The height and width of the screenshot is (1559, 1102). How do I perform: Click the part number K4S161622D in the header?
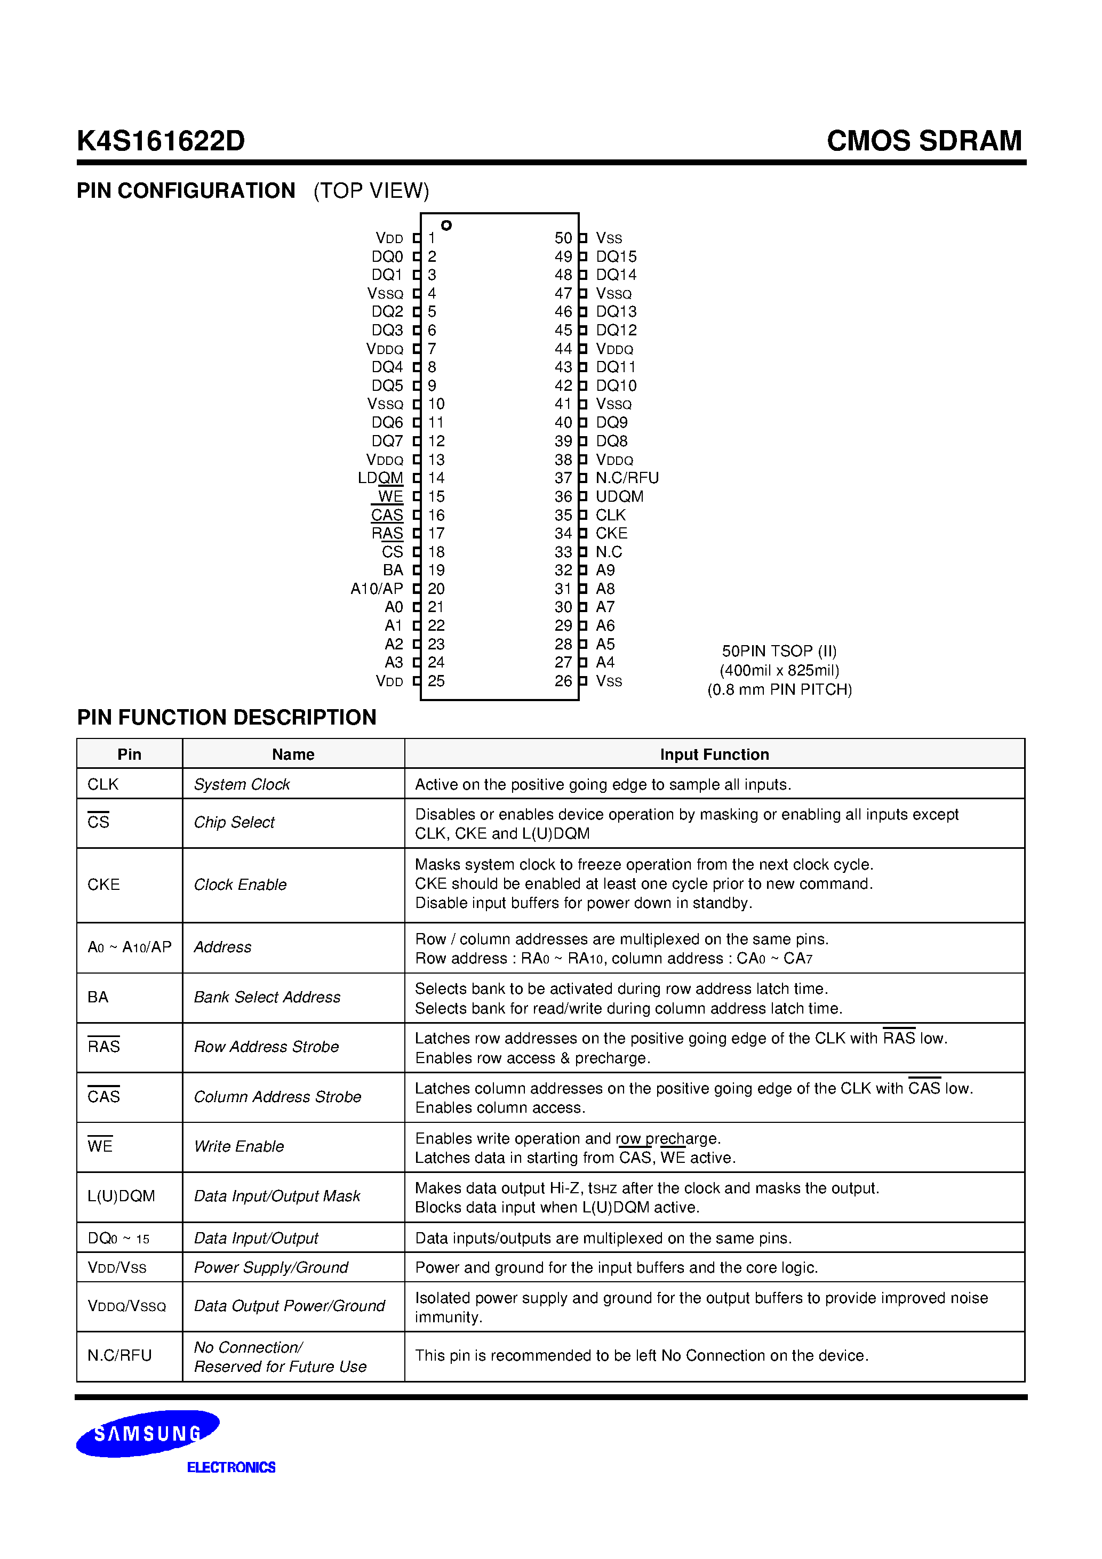[x=161, y=141]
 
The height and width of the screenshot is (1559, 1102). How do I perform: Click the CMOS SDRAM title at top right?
[x=923, y=141]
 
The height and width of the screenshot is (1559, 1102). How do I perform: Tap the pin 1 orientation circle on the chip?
[x=446, y=226]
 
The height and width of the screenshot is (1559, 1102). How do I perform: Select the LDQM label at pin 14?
[x=380, y=478]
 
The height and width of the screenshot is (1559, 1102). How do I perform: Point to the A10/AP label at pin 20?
[x=377, y=589]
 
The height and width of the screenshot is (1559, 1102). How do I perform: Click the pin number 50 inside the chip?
[x=563, y=238]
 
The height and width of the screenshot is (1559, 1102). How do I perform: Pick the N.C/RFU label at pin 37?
[x=626, y=478]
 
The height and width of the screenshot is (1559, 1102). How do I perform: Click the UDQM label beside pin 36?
[x=619, y=496]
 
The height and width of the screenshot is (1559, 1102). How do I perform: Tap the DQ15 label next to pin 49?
[x=616, y=256]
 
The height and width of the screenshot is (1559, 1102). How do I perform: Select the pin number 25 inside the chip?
[x=436, y=681]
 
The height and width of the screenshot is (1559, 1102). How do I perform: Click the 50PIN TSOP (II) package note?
[x=779, y=651]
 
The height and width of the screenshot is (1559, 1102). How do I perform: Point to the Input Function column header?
[x=714, y=754]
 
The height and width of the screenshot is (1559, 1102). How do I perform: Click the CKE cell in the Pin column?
[x=103, y=885]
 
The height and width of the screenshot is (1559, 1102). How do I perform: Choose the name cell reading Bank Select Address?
[x=267, y=998]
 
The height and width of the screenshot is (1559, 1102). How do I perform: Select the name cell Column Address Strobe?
[x=277, y=1097]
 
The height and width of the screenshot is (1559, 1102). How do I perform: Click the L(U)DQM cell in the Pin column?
[x=121, y=1196]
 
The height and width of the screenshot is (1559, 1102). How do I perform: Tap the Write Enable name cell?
[x=238, y=1147]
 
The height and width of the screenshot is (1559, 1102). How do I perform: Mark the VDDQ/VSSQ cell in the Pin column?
[x=126, y=1306]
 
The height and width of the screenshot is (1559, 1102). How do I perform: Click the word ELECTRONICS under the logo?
[x=231, y=1467]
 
